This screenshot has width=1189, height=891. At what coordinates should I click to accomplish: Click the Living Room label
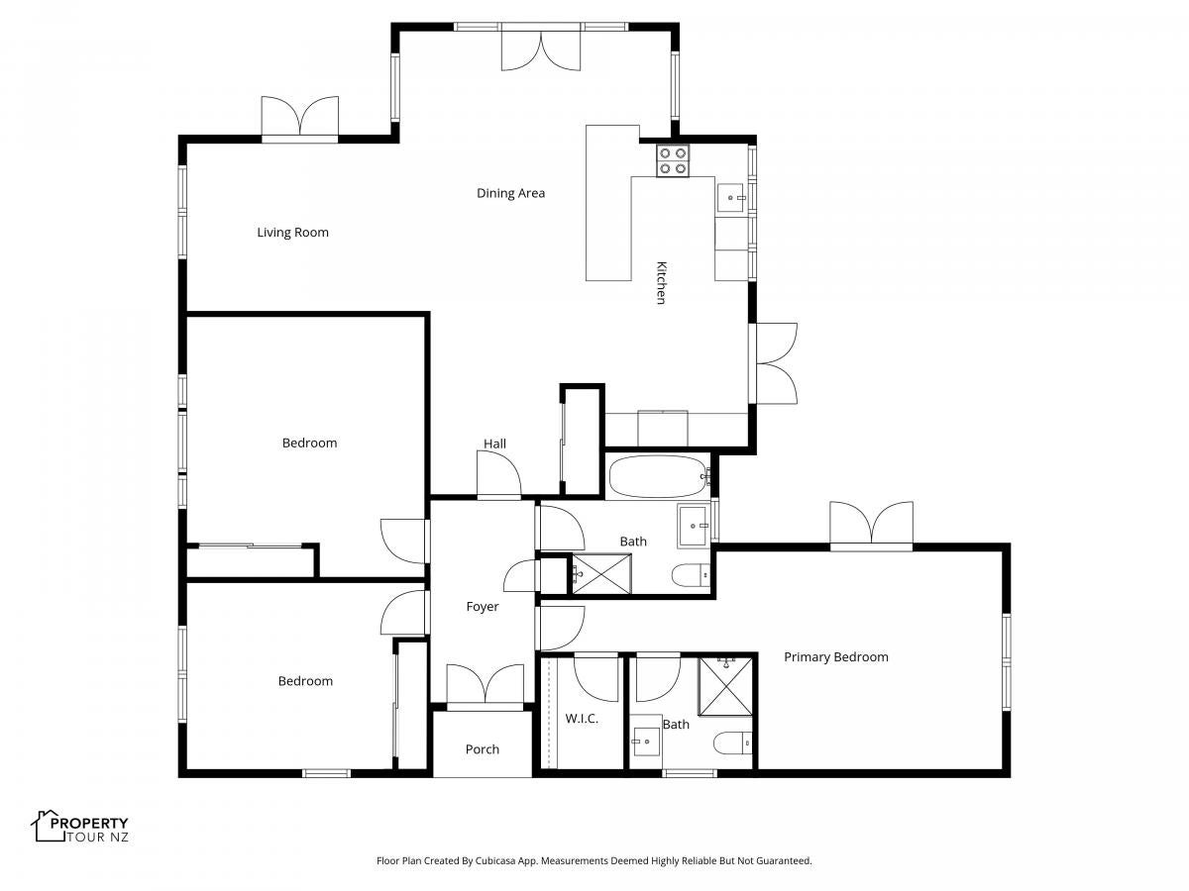tap(292, 233)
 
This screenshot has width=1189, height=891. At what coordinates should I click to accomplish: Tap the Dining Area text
tap(510, 193)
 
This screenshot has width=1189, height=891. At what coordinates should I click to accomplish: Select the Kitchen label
tap(661, 283)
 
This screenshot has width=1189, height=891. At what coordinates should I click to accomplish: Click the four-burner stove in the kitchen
tap(673, 160)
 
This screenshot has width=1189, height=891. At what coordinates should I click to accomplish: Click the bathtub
tap(659, 476)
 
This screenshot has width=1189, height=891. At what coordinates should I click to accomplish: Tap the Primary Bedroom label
tap(836, 657)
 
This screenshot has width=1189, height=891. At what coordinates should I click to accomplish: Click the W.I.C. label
tap(582, 719)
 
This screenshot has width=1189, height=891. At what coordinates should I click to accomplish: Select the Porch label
tap(483, 749)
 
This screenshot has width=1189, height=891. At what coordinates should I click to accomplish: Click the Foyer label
tap(483, 607)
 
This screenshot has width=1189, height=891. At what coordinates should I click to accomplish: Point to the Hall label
tap(494, 444)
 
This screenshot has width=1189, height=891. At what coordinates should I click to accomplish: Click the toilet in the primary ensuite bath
tap(732, 742)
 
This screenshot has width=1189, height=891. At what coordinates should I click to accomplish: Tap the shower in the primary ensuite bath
tap(726, 686)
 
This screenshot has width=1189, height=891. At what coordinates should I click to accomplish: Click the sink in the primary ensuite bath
tap(646, 742)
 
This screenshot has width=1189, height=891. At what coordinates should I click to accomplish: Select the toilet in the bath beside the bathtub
tap(692, 575)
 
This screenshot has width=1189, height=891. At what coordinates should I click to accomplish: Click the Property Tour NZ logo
tap(79, 827)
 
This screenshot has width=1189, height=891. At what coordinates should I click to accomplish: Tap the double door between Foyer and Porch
tap(485, 688)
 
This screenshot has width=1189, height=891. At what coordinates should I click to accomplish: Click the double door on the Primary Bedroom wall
tap(871, 527)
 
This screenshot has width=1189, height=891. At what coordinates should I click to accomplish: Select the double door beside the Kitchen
tap(773, 363)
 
